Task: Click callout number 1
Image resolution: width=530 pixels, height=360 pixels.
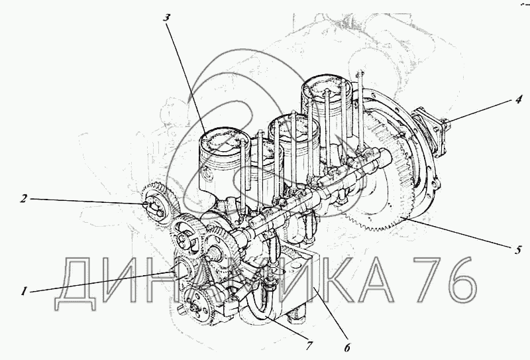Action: click(x=24, y=291)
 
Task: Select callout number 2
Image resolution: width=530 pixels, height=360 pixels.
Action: click(x=23, y=199)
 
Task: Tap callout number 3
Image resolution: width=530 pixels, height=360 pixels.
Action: click(x=166, y=17)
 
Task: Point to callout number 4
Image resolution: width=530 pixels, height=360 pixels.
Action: click(x=518, y=100)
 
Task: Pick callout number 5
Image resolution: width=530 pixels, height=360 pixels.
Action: click(x=518, y=250)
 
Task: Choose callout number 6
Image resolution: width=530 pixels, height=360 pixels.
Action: click(x=347, y=347)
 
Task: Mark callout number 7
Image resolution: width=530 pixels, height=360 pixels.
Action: click(x=308, y=345)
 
